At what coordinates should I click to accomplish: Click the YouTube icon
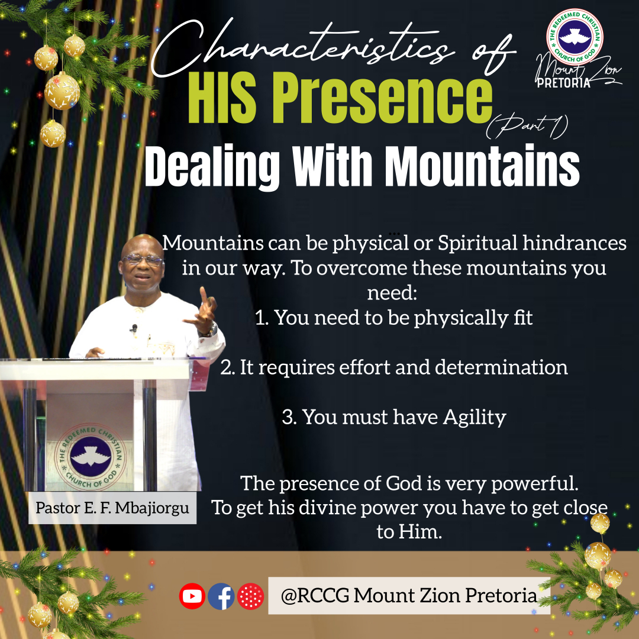click(192, 596)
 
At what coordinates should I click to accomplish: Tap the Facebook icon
click(221, 596)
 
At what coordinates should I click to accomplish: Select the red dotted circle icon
click(250, 596)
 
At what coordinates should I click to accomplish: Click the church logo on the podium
click(91, 456)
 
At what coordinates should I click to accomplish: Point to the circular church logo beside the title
click(575, 37)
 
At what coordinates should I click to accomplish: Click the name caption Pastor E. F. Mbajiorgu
click(112, 508)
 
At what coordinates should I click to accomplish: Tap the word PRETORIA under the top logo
click(564, 83)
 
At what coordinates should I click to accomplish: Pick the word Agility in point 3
click(475, 418)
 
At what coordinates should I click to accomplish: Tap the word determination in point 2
click(501, 367)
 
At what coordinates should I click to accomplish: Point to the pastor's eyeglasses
click(142, 259)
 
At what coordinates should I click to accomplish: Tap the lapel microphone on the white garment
click(134, 328)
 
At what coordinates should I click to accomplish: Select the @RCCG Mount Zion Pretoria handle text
click(409, 596)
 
